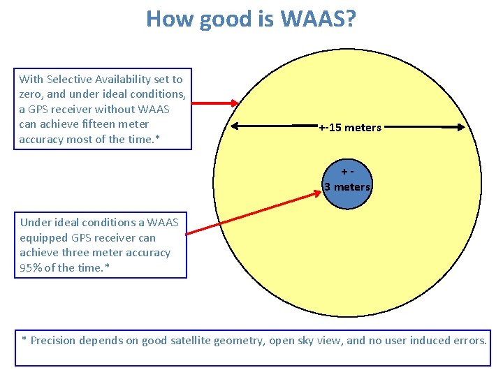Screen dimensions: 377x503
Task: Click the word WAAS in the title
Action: pos(314,19)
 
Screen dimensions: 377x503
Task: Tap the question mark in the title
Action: pos(349,19)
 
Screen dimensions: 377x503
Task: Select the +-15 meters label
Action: pos(350,128)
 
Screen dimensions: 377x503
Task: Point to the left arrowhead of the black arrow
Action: pos(235,126)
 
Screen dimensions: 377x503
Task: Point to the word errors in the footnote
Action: pos(471,341)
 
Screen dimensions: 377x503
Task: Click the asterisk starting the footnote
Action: pos(24,339)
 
